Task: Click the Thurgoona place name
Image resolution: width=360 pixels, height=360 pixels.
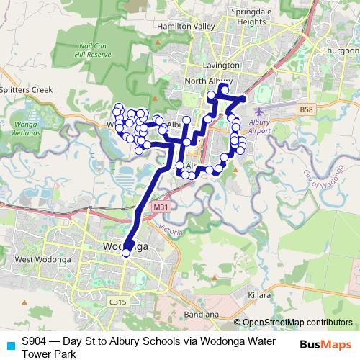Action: [341, 51]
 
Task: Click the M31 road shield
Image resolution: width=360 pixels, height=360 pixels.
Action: [161, 207]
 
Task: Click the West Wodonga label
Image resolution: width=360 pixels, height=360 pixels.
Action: [35, 259]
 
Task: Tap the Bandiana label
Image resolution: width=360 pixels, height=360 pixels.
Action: [200, 315]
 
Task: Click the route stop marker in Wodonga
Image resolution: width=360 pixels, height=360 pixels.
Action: [126, 253]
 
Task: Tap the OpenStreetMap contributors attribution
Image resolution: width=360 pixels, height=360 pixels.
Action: [297, 322]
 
